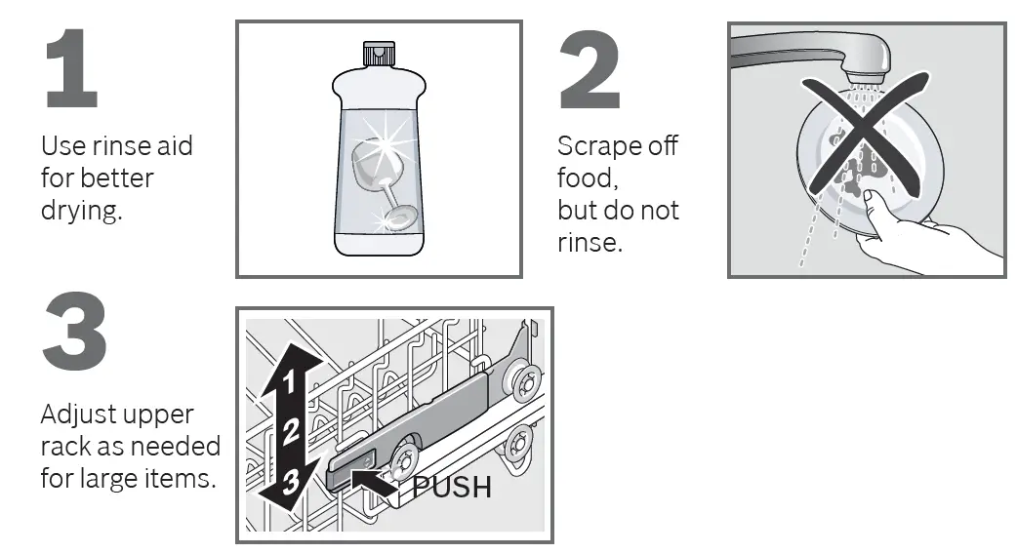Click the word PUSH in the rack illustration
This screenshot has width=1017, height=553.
coord(451,486)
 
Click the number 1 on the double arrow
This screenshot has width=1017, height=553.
coord(288,382)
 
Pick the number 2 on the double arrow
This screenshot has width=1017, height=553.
coord(290,430)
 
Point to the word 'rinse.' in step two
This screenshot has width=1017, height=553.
coord(589,242)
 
